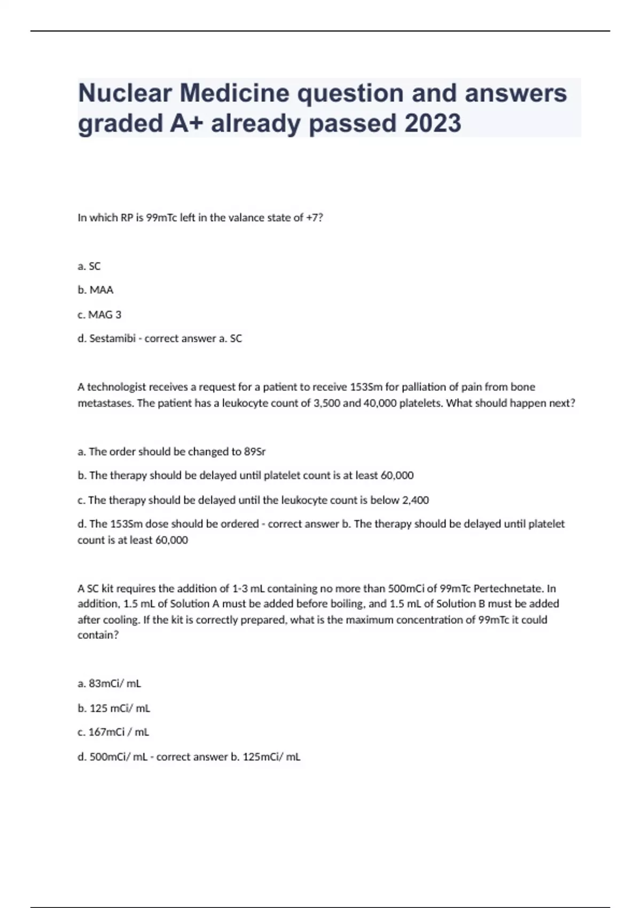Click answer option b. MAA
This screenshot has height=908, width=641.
click(x=96, y=290)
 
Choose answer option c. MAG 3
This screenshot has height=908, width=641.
click(x=99, y=315)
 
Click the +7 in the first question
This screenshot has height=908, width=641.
click(x=315, y=218)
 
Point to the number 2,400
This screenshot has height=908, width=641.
click(x=415, y=500)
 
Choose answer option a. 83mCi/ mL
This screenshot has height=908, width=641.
click(x=110, y=684)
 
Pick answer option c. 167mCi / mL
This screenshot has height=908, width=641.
click(x=113, y=732)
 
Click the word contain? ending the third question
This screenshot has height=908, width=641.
click(x=98, y=635)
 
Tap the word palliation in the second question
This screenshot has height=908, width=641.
click(x=409, y=387)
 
